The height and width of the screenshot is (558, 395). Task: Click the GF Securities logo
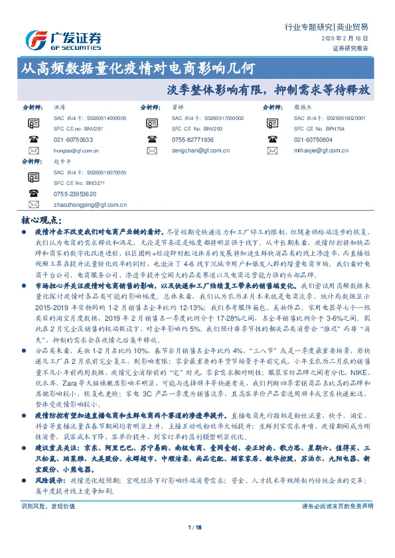click(63, 40)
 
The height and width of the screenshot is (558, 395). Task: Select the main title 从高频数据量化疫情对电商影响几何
click(137, 68)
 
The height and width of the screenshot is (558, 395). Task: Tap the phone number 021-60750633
click(73, 140)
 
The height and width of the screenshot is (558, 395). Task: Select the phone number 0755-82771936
click(193, 140)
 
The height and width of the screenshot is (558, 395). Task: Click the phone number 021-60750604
click(313, 140)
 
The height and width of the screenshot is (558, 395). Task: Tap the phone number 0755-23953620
click(75, 194)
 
